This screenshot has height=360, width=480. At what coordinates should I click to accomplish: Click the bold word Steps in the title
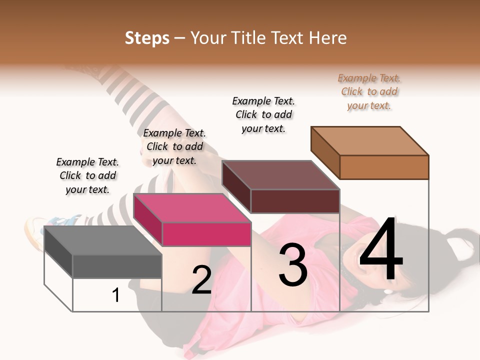147,38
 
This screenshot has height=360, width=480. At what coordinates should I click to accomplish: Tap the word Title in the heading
247,38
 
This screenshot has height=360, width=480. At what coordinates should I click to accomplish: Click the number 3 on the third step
293,265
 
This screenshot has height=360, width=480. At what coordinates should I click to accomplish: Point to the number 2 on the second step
202,280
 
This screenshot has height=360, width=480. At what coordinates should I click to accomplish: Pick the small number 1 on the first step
116,295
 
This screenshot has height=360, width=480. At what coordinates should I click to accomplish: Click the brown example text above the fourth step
369,91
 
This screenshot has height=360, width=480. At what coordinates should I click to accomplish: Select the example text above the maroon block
263,114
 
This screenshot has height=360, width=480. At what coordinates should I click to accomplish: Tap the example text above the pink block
174,146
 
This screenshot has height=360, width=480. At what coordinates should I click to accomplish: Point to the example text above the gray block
87,175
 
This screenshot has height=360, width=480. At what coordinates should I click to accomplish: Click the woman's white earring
388,291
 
